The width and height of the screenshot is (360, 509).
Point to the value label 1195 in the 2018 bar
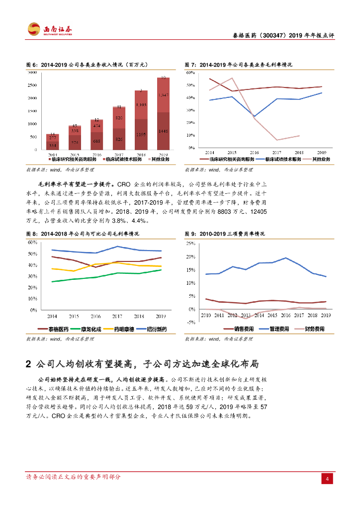(141, 134)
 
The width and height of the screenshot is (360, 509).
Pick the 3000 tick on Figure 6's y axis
(32, 73)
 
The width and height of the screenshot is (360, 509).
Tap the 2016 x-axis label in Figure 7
(255, 152)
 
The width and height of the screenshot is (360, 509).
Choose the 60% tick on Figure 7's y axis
(189, 73)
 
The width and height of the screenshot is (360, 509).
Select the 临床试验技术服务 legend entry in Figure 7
(281, 159)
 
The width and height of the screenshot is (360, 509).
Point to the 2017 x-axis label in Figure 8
(117, 316)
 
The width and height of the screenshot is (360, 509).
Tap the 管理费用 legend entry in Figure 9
(279, 329)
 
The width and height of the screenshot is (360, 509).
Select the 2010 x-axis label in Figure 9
(205, 315)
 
